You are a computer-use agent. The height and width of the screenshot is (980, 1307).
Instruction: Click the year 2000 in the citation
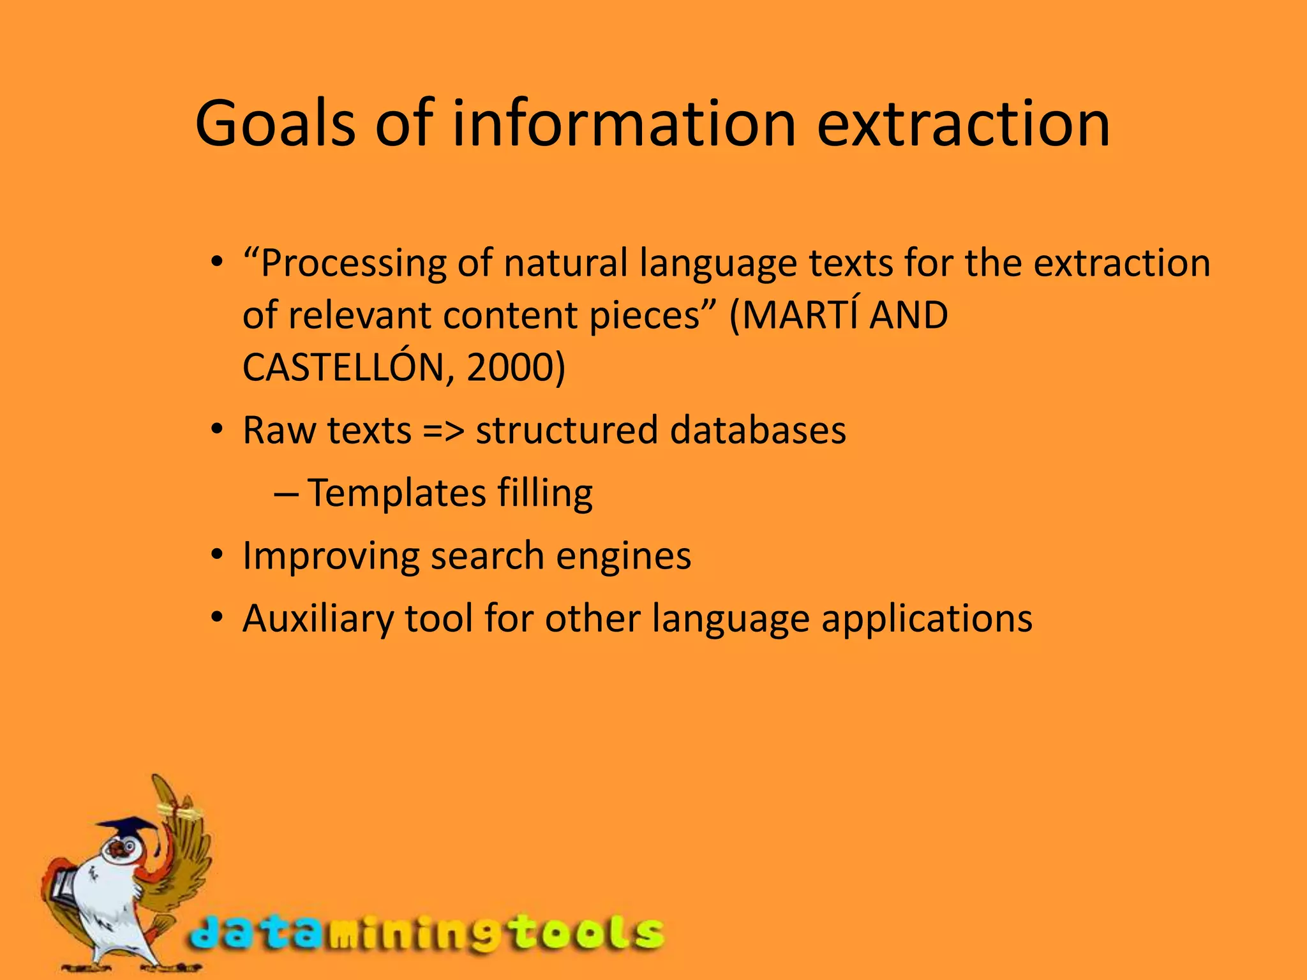coord(508,367)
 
